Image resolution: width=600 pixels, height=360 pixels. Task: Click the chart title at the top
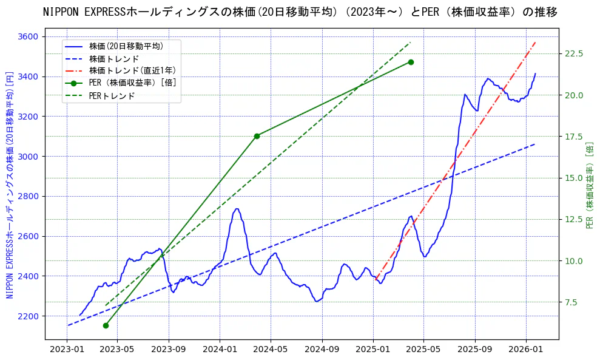(x=300, y=12)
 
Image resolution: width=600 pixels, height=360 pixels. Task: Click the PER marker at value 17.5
(x=257, y=136)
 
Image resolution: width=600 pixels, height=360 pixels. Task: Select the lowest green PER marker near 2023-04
(x=106, y=325)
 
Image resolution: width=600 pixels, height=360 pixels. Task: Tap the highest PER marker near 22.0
(x=411, y=62)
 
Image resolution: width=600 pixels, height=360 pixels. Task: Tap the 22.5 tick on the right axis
(x=573, y=53)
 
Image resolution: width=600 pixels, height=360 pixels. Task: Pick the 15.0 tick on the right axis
(x=573, y=178)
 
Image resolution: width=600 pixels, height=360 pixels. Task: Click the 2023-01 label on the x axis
(x=67, y=350)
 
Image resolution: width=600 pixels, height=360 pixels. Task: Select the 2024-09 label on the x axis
(x=322, y=350)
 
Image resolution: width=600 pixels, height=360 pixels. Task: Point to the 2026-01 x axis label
(x=526, y=350)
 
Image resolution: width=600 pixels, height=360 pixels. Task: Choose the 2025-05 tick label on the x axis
(x=423, y=350)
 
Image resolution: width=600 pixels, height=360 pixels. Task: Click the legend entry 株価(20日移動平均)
(x=126, y=46)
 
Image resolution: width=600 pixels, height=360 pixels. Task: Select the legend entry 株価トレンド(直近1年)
(x=132, y=71)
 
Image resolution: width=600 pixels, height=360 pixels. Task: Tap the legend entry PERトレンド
(x=112, y=96)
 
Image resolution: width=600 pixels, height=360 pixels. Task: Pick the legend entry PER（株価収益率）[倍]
(x=133, y=83)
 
